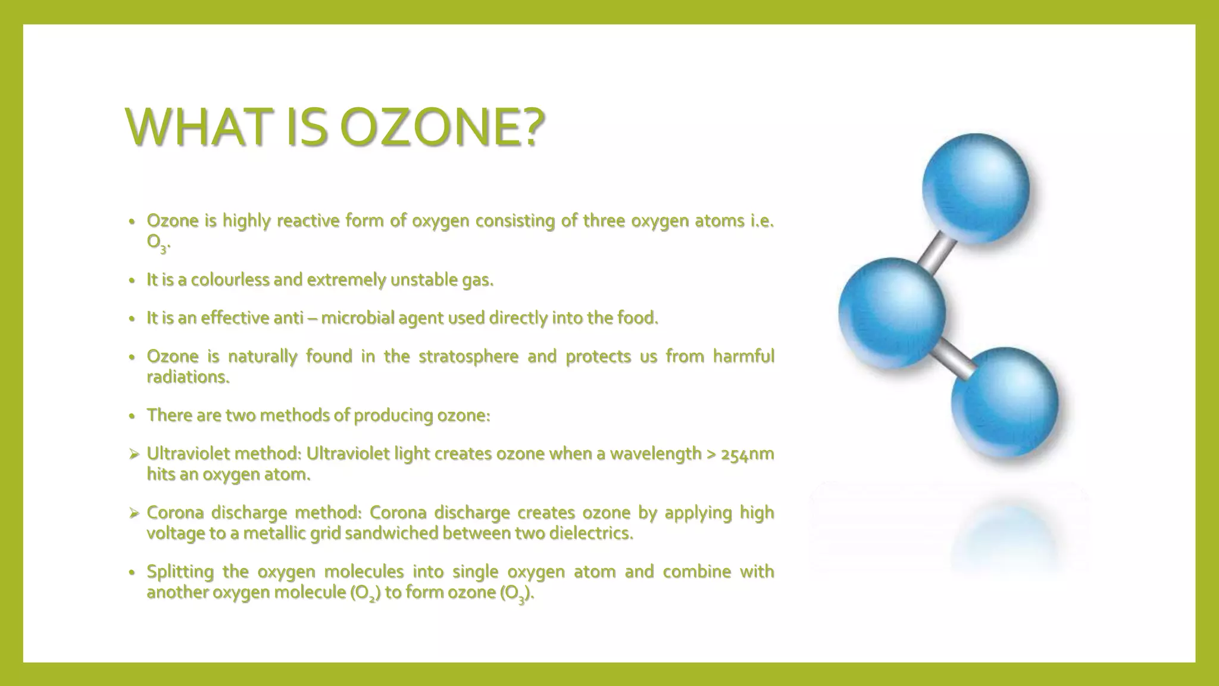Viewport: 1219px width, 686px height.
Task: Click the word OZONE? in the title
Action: (442, 127)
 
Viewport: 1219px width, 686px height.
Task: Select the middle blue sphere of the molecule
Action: (892, 313)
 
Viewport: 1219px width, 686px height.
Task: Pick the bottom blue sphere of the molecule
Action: (1005, 401)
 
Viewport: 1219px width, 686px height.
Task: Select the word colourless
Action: (230, 279)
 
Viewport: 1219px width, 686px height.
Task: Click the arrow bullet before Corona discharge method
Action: (134, 513)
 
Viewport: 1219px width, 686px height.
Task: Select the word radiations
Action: (187, 377)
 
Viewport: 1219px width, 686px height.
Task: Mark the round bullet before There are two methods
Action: (133, 416)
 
